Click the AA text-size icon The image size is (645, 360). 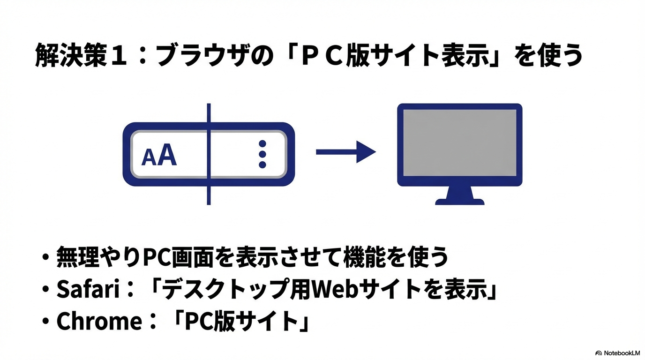[159, 157]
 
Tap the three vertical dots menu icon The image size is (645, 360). [262, 154]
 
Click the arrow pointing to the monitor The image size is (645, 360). [345, 151]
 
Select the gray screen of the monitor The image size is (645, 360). [459, 143]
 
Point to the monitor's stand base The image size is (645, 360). [459, 200]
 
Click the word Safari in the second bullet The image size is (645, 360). [86, 290]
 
